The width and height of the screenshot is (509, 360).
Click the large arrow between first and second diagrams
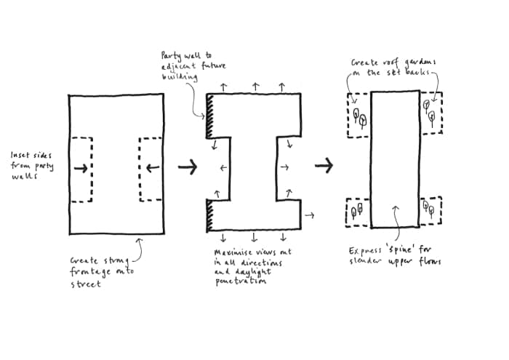click(x=187, y=167)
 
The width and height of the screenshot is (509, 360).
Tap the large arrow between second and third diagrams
click(x=324, y=166)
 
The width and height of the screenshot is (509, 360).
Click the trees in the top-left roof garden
click(x=358, y=116)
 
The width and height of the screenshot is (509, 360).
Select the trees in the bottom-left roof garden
click(x=357, y=212)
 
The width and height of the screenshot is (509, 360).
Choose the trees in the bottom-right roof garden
click(x=429, y=210)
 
